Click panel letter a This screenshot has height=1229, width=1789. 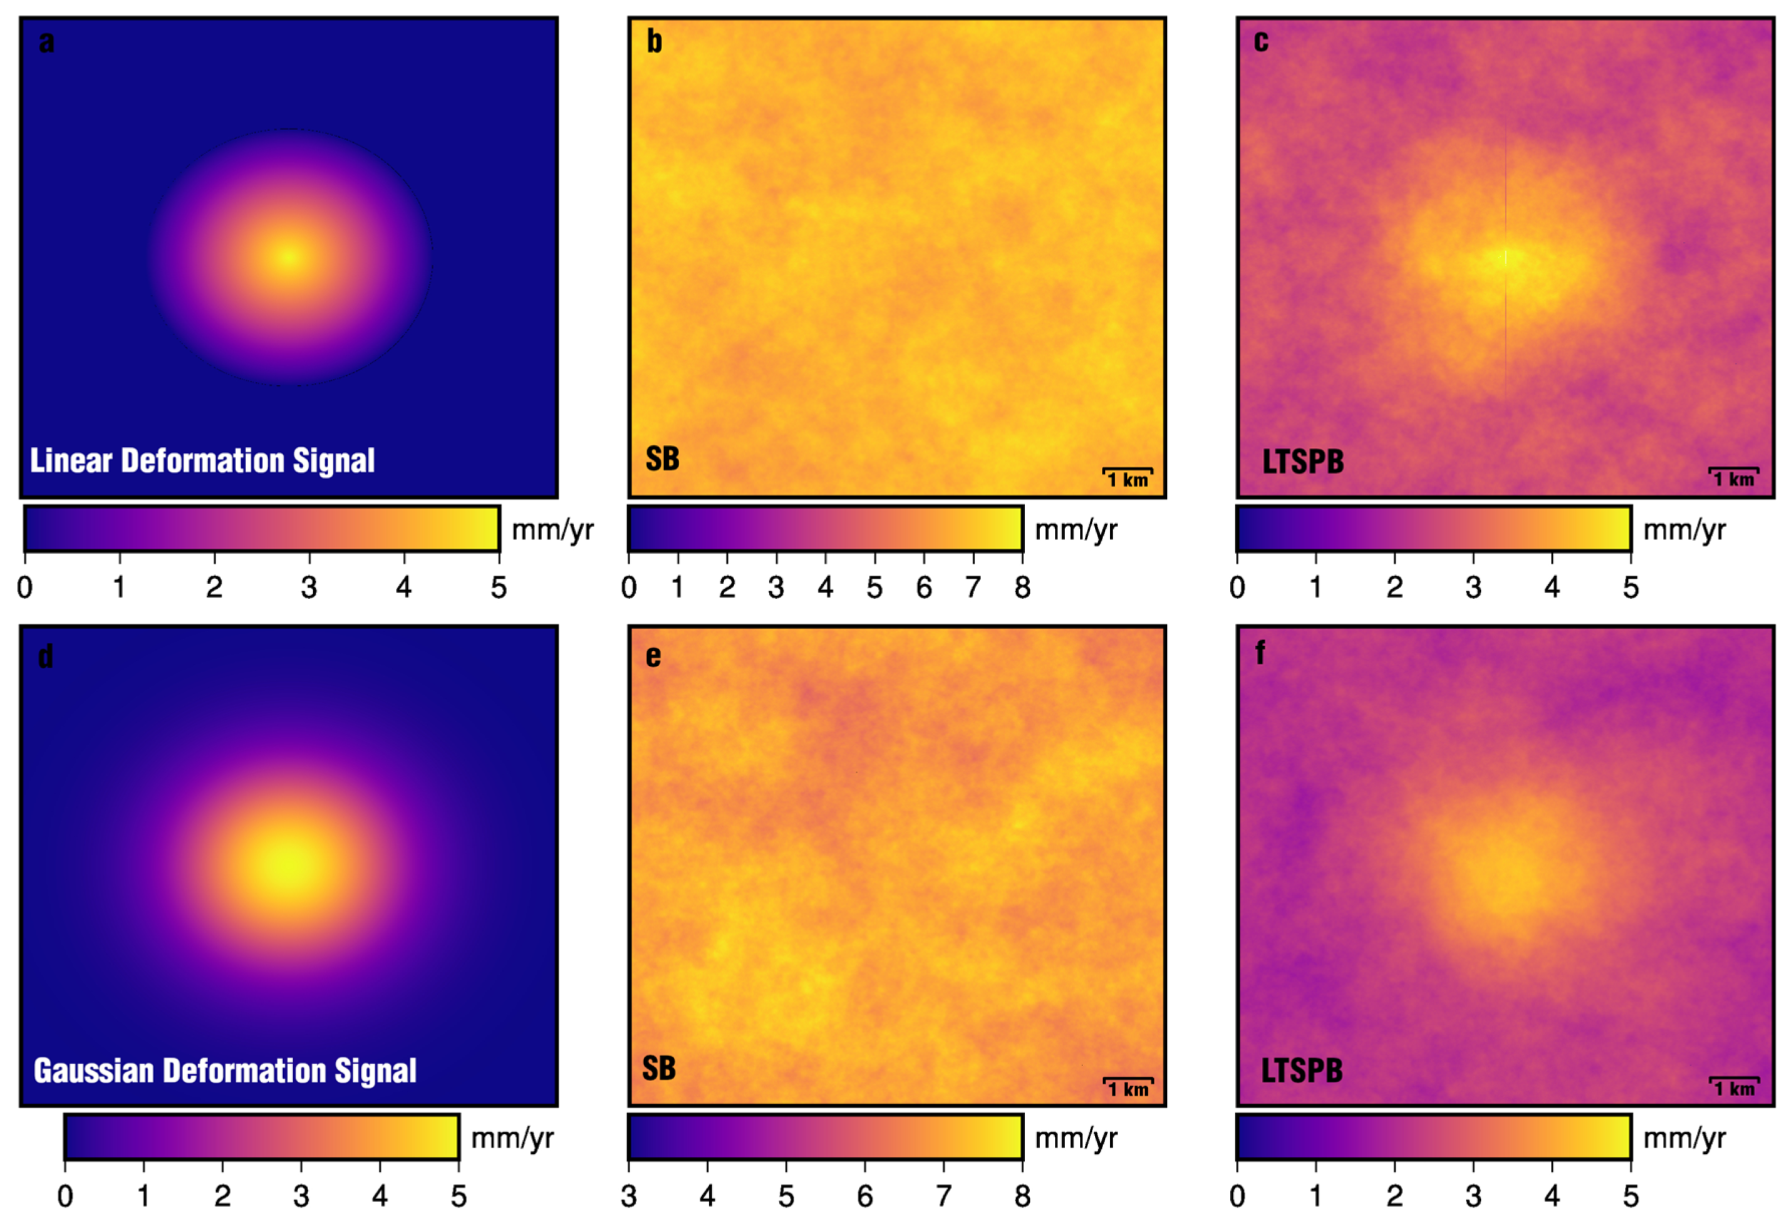[46, 41]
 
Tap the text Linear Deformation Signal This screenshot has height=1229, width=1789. [202, 460]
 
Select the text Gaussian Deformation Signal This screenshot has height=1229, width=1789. [225, 1071]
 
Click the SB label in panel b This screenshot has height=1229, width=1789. [662, 459]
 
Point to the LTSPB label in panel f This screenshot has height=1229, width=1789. [1302, 1071]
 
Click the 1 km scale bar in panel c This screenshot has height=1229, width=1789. [1733, 476]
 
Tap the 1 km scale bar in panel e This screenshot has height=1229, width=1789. [1128, 1086]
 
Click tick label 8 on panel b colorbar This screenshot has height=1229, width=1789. [1022, 588]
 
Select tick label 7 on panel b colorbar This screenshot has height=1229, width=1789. [973, 588]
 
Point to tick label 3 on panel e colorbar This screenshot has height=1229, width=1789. [628, 1196]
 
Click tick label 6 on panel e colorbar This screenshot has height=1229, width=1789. [865, 1196]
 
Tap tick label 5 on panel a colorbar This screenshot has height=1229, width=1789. [498, 588]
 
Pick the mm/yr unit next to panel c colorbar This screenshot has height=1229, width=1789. [1684, 530]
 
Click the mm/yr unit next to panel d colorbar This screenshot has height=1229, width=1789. [512, 1138]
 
